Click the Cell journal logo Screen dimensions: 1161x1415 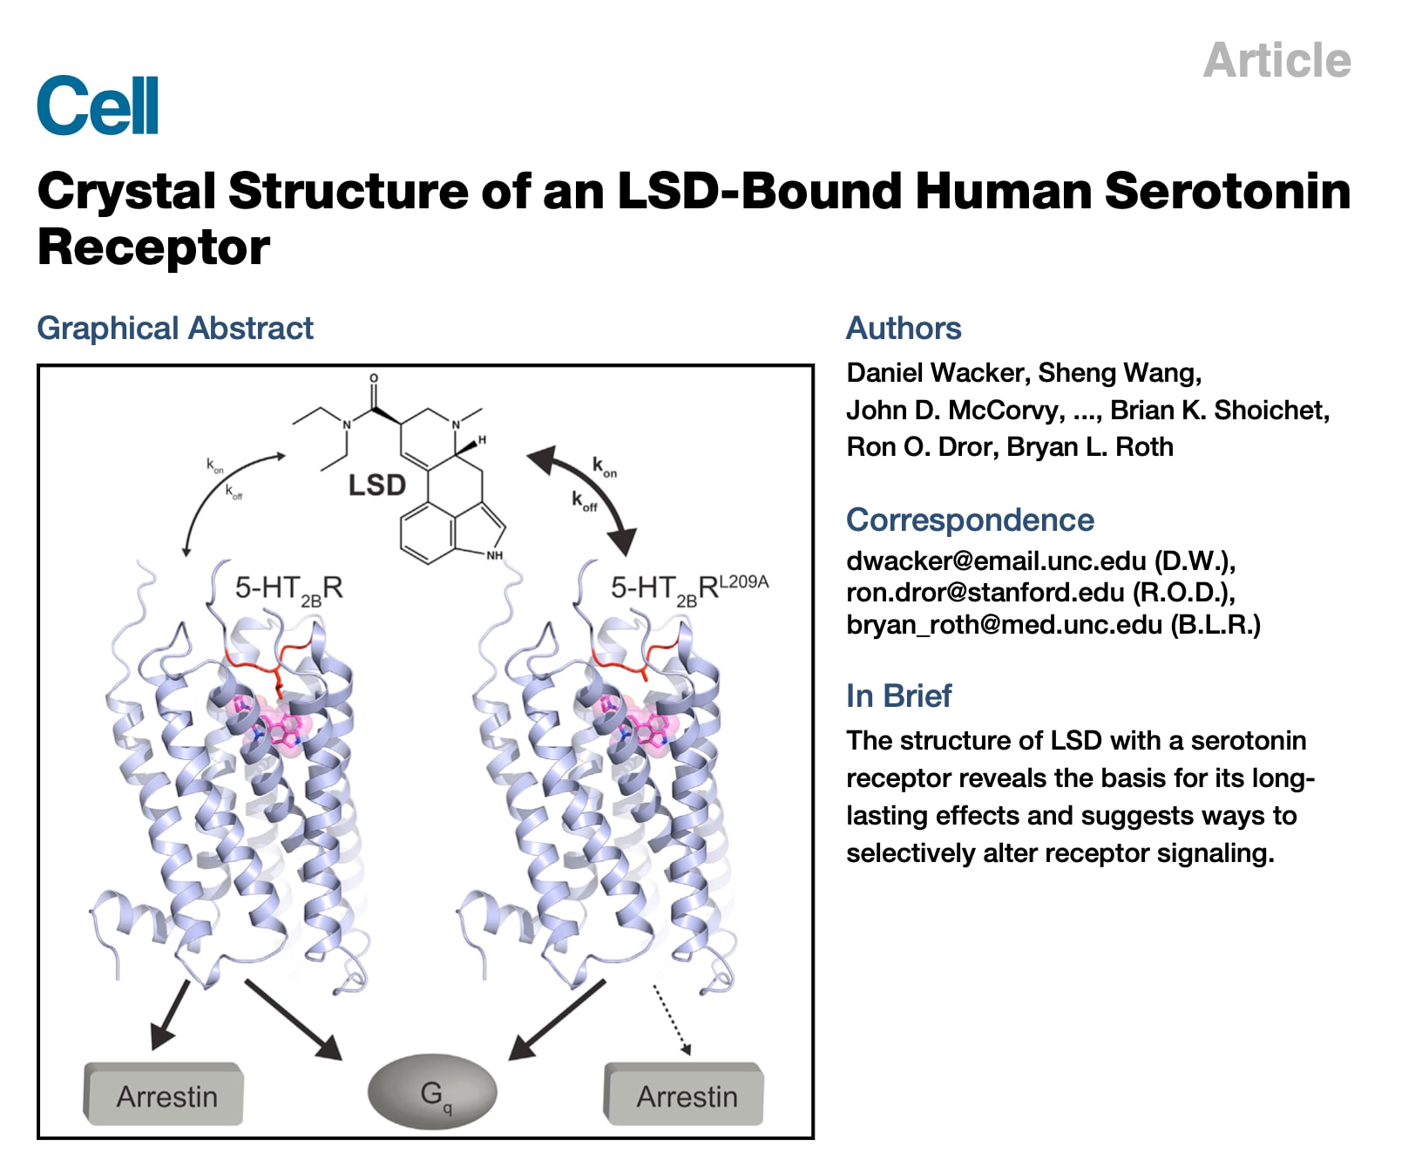coord(98,105)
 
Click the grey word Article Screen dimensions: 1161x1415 coord(1276,60)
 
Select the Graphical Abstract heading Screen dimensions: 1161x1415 coord(174,329)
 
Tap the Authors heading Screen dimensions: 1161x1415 coord(904,329)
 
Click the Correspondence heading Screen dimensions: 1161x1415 coord(970,520)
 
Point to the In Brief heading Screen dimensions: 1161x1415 coord(898,696)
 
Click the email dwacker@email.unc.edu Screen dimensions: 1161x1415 coord(996,560)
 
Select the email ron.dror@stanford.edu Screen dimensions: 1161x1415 coord(985,593)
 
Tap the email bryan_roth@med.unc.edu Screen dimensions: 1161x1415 coord(1004,625)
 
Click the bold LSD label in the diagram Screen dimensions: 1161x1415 coord(376,485)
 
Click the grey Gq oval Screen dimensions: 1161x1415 coord(432,1094)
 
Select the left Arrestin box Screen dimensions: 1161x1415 coord(165,1096)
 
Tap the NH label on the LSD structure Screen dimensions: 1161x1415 coord(494,555)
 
